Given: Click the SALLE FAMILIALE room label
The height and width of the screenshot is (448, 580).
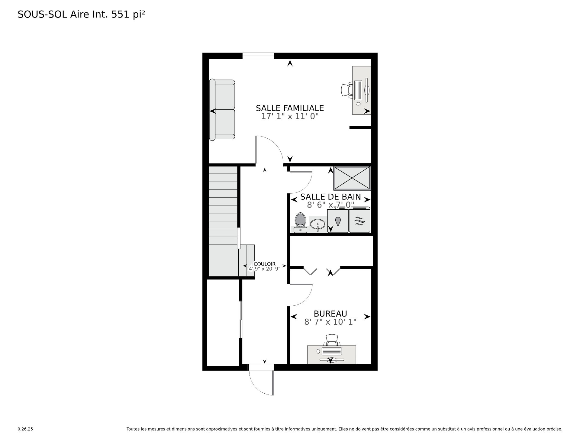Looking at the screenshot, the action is coord(290,108).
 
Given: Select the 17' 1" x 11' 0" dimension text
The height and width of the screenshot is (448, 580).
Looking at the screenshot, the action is coord(290,116).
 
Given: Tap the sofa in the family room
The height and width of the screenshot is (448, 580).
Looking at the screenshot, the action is coord(222,110).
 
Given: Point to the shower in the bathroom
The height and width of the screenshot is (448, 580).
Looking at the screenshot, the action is coord(352,179).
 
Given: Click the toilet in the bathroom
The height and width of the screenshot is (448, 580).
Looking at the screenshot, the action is coord(300,223).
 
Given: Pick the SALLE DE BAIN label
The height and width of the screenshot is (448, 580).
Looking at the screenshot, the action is coord(330,197).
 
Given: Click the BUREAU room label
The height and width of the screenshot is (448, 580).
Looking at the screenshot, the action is coord(330,314).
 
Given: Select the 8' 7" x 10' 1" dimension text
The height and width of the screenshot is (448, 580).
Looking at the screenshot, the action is coord(330,322).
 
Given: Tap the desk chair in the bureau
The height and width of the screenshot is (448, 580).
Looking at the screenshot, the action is coord(332,340).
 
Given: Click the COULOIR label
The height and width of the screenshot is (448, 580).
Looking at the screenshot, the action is coord(265,264).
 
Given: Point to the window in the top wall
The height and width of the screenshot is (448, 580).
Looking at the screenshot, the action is coord(258,56).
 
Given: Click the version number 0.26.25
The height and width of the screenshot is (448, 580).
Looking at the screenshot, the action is coord(25,429).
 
